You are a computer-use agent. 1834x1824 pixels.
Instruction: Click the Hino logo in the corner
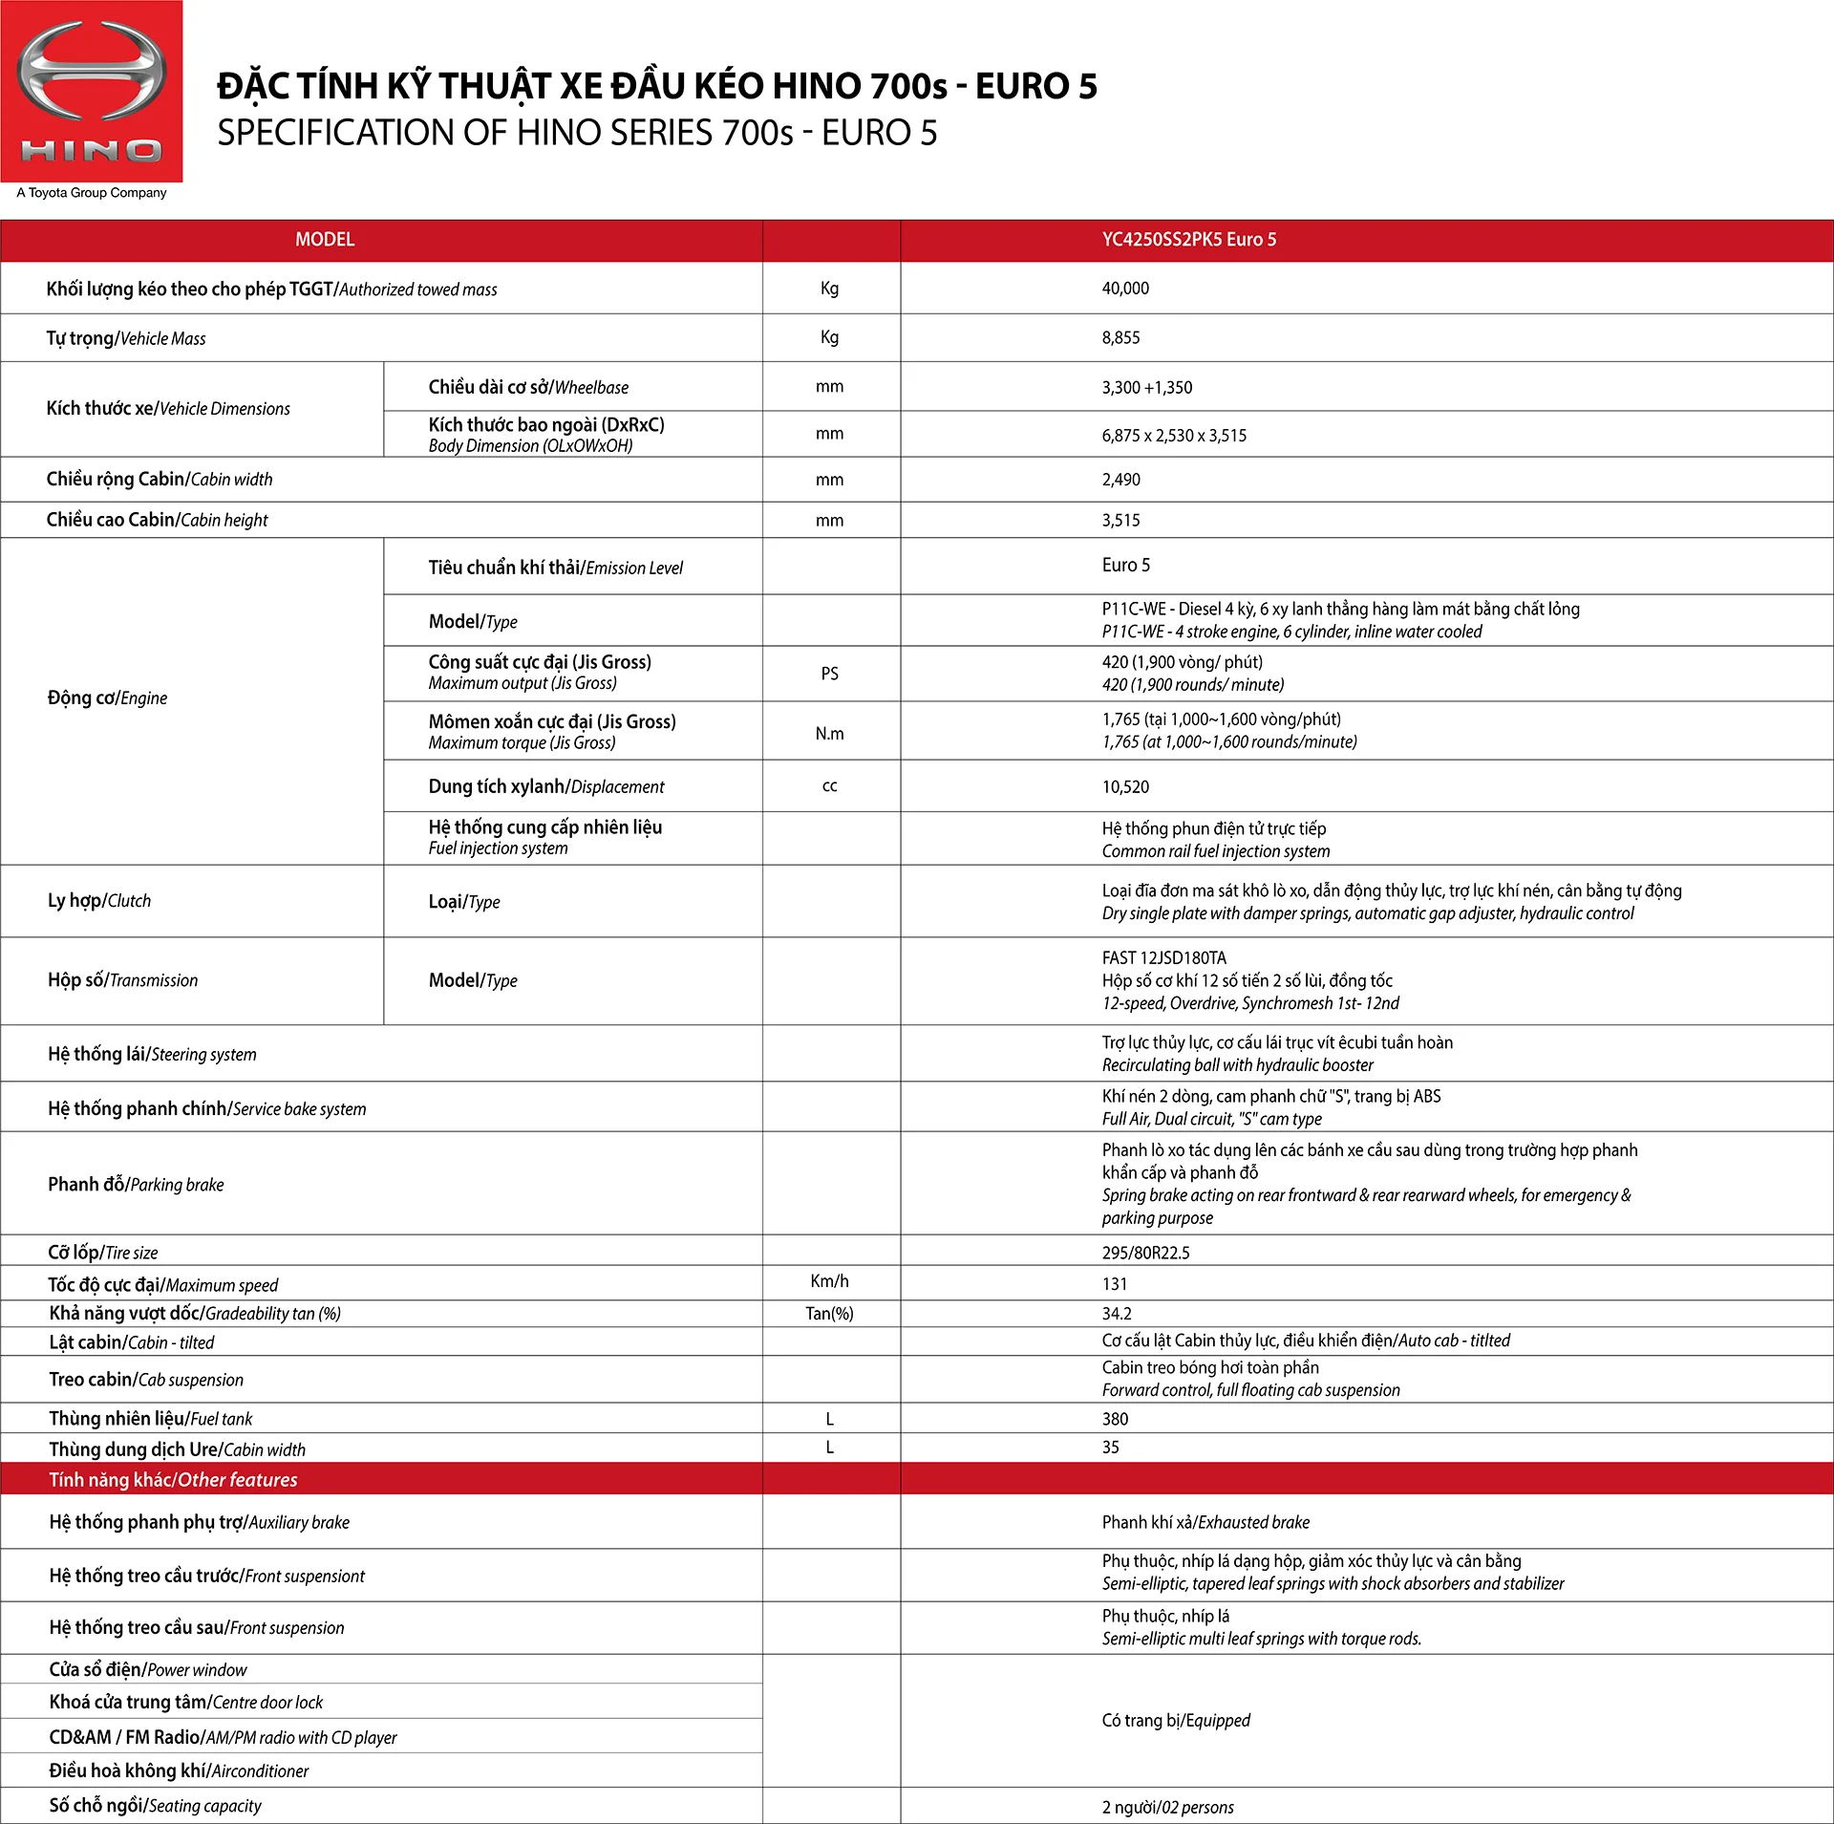[91, 91]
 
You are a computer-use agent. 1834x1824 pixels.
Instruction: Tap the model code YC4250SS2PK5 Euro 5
[1188, 240]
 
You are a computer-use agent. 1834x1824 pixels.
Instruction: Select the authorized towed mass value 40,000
[1125, 289]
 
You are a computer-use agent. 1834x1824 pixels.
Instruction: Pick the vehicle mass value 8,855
[1120, 338]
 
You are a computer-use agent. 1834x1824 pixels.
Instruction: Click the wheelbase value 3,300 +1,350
[1146, 388]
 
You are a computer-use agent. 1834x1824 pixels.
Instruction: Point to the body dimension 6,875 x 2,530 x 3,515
[1174, 436]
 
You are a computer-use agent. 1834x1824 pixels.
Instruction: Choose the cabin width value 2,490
[1120, 480]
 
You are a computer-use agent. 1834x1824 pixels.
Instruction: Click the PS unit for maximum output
[829, 675]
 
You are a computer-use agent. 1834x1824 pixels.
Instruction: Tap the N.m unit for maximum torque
[829, 734]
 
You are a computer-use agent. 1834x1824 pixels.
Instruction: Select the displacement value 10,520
[1125, 787]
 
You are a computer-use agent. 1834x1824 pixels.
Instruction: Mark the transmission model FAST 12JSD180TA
[1163, 958]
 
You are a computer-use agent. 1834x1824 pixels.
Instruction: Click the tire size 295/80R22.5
[1145, 1253]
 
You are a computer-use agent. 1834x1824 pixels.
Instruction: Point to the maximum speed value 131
[1114, 1284]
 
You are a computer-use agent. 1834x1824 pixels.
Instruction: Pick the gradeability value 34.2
[1116, 1314]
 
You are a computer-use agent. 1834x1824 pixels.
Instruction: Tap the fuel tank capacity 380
[1115, 1419]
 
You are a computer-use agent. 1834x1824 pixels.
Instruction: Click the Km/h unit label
[829, 1281]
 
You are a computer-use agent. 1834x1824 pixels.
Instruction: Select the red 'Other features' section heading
[173, 1480]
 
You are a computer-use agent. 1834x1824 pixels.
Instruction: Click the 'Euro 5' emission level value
[1125, 566]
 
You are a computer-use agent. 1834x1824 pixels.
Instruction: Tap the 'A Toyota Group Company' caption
[92, 193]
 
